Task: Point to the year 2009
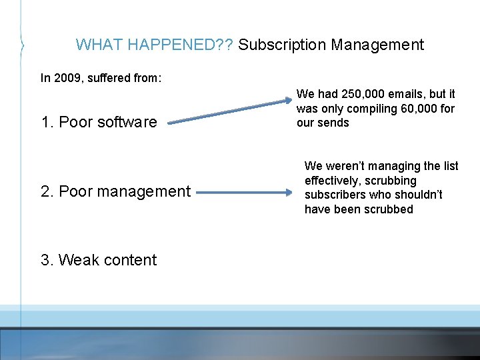67,78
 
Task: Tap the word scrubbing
392,181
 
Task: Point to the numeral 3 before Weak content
45,260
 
